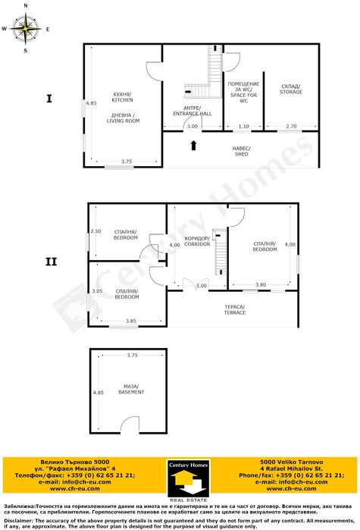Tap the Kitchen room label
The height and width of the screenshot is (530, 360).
click(123, 96)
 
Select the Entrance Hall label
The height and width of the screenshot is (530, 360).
click(192, 110)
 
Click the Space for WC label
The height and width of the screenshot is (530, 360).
click(244, 92)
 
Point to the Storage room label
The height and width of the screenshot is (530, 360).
click(290, 89)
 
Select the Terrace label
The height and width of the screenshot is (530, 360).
click(234, 309)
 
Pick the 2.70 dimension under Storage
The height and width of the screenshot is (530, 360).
click(291, 126)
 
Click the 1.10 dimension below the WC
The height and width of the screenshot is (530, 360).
click(243, 126)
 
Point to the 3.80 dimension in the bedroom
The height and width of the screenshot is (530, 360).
click(261, 284)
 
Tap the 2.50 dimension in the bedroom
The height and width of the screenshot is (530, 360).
click(95, 231)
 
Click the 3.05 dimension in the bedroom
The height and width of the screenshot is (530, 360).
click(96, 291)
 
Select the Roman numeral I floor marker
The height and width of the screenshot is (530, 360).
click(49, 98)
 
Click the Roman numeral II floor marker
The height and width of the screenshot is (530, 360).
click(51, 262)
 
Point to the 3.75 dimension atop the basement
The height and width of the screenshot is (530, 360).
click(132, 355)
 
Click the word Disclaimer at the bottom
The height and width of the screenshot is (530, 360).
click(18, 521)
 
